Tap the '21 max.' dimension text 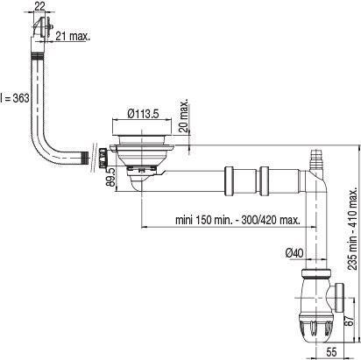pyautogui.click(x=73, y=36)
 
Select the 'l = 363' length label pyautogui.click(x=15, y=98)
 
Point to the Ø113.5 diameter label pyautogui.click(x=143, y=114)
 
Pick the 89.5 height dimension pyautogui.click(x=112, y=177)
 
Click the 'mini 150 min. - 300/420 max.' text pyautogui.click(x=237, y=220)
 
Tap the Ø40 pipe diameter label pyautogui.click(x=294, y=252)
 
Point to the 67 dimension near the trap pyautogui.click(x=350, y=321)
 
